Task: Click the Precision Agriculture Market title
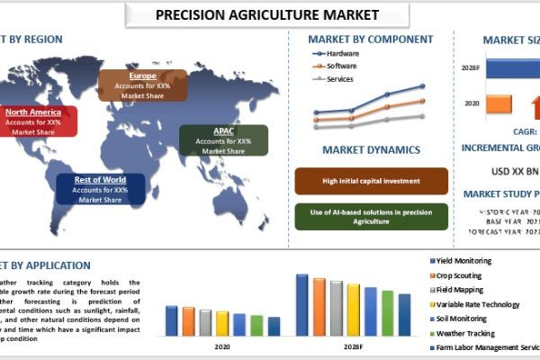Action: (266, 14)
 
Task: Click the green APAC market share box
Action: (223, 140)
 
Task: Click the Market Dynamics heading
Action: (371, 150)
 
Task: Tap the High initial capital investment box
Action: (371, 181)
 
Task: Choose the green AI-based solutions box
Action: (371, 216)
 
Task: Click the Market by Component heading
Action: (372, 40)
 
